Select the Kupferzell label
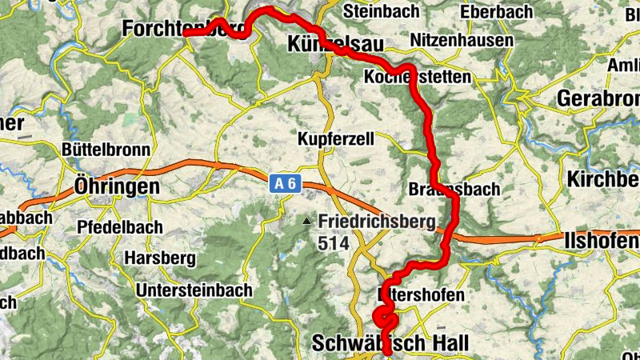pos(336,138)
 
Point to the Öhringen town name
pos(116,186)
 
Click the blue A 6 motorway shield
pos(285,185)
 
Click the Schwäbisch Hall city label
pos(390,343)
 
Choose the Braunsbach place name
pos(454,190)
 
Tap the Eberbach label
pos(498,13)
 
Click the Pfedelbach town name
pos(120,226)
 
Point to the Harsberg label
pos(160,258)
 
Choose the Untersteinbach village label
pos(194,290)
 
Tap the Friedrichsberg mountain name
pos(375,221)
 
